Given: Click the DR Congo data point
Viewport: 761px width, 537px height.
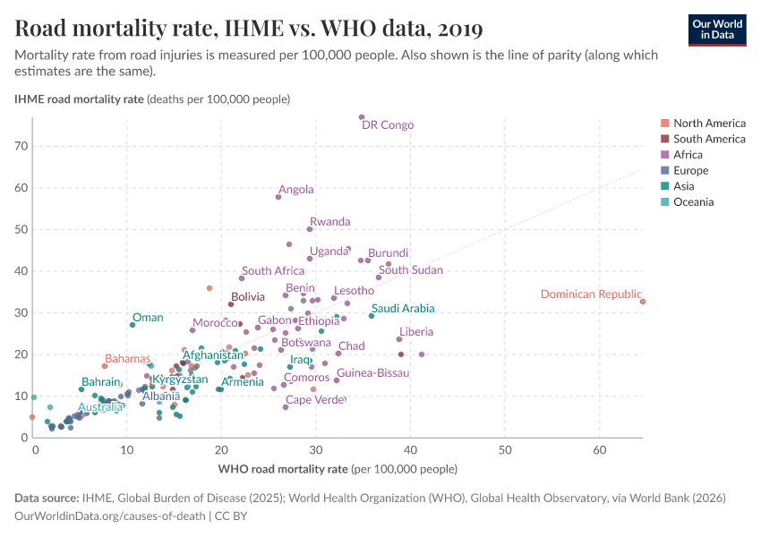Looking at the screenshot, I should [362, 117].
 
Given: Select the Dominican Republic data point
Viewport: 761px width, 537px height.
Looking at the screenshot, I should [643, 302].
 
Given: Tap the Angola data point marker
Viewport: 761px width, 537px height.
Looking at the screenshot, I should [278, 197].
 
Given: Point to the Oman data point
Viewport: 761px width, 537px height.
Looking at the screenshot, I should [133, 325].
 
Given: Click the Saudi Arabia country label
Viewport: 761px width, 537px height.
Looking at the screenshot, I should [403, 309].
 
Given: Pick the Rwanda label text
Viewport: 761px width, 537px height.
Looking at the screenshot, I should [329, 222].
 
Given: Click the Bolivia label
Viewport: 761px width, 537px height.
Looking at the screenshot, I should [248, 296].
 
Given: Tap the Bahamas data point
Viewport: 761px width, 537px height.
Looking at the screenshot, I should [105, 366].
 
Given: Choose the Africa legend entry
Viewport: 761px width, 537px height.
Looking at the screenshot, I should [688, 155].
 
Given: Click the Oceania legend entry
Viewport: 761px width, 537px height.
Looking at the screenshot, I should [693, 202].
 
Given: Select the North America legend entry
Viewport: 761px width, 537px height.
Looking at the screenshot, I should [709, 123].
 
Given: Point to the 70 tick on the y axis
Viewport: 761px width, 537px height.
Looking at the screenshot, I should [21, 146].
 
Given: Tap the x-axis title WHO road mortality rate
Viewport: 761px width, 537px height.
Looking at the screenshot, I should [338, 469].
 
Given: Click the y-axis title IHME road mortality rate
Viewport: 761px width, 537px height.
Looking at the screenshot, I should [150, 98].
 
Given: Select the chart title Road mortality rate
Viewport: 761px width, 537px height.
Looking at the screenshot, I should [249, 29].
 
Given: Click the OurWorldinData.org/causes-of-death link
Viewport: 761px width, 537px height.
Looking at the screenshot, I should [109, 516].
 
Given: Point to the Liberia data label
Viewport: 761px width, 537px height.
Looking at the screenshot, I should [416, 332].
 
